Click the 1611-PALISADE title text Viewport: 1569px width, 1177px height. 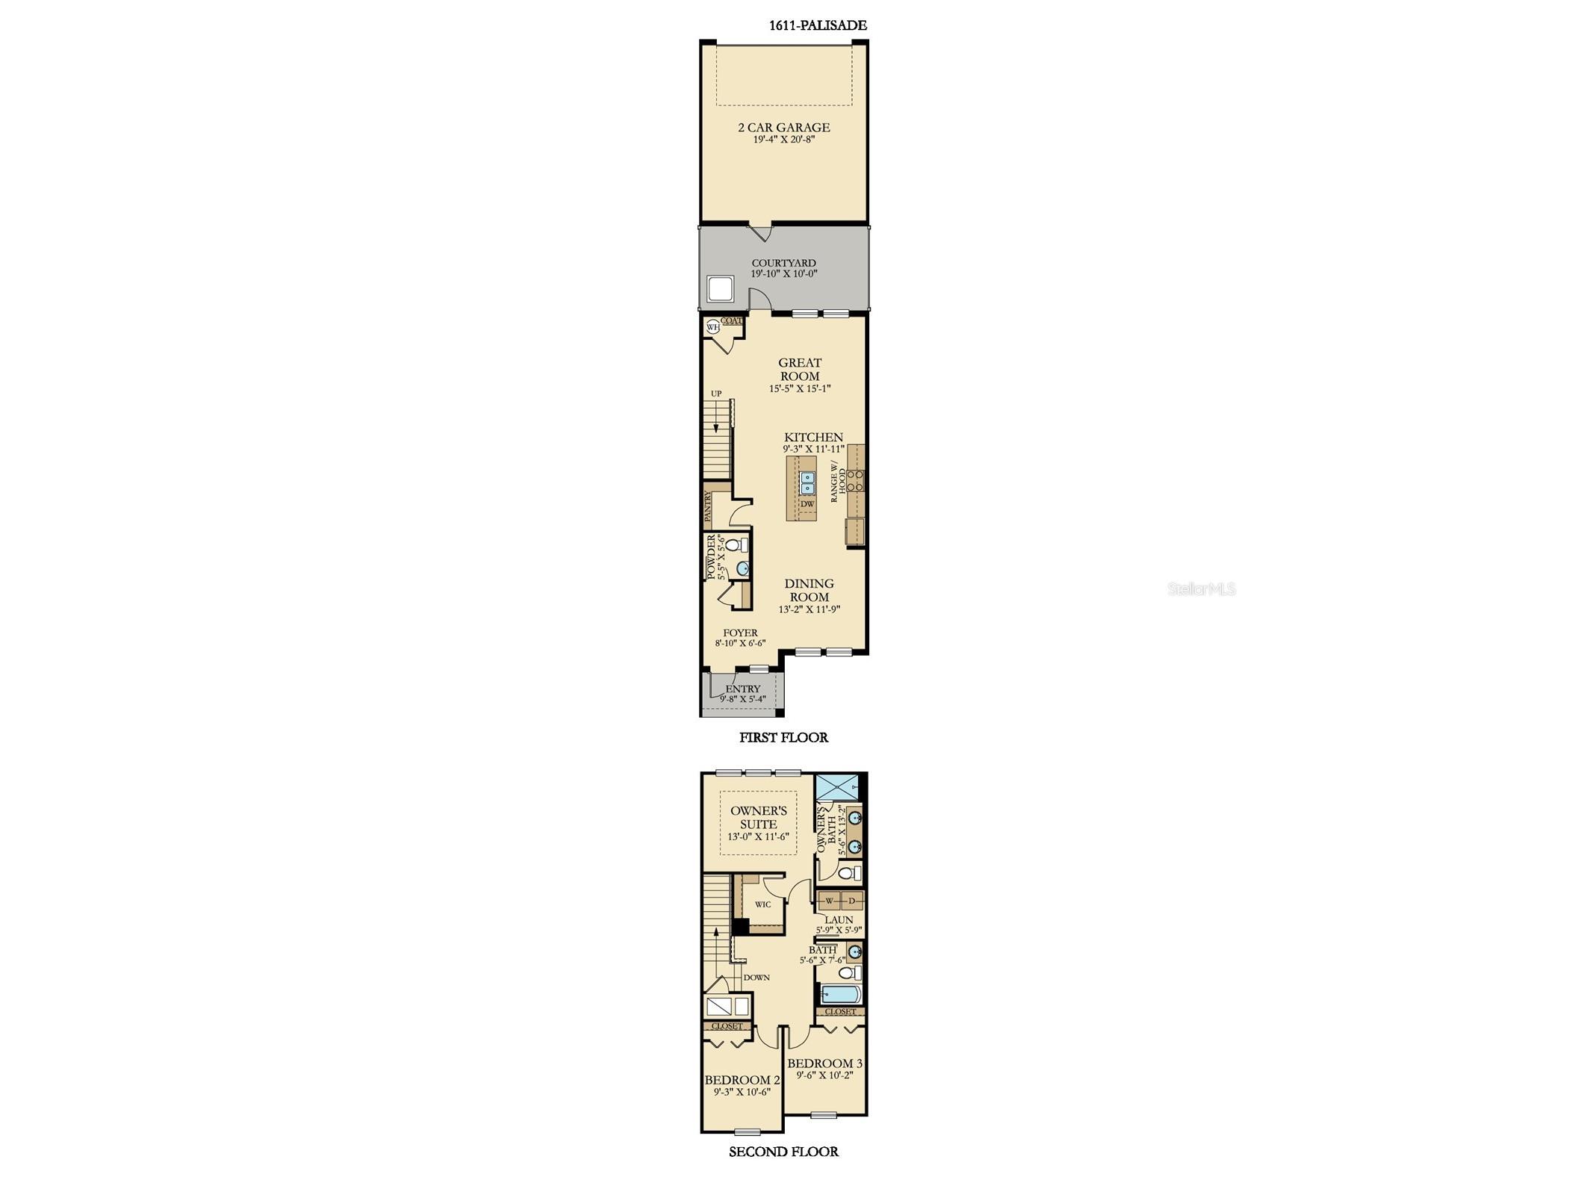point(818,25)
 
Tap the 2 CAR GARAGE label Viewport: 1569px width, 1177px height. point(783,128)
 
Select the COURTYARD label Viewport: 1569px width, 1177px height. point(783,263)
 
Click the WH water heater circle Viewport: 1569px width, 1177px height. point(712,326)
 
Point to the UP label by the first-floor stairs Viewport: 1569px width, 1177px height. point(716,394)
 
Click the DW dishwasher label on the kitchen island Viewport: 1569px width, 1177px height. point(807,504)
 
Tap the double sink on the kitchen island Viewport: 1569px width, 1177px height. point(807,483)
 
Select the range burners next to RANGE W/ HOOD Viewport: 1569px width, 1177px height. point(856,480)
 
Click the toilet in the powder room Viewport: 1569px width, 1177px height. point(736,544)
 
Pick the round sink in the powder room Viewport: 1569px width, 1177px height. point(742,569)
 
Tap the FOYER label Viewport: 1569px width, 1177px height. point(740,633)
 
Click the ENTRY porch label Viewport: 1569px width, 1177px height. point(743,689)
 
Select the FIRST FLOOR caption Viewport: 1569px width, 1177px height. point(783,737)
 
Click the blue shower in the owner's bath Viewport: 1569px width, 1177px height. point(837,787)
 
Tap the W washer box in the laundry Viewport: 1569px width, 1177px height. point(830,901)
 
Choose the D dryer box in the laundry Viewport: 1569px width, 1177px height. point(852,901)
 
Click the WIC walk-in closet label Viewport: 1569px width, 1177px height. point(762,904)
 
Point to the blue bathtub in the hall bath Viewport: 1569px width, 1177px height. point(841,994)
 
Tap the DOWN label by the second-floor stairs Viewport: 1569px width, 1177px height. point(756,977)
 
